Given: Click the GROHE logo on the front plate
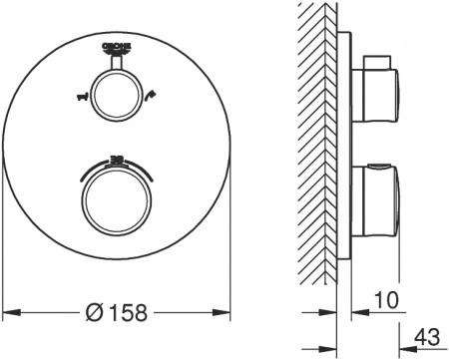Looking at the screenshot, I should [x=118, y=47].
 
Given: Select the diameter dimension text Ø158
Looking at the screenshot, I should [x=118, y=311].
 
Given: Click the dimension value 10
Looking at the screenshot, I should [x=388, y=298].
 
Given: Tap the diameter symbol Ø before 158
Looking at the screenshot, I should [x=91, y=311].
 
